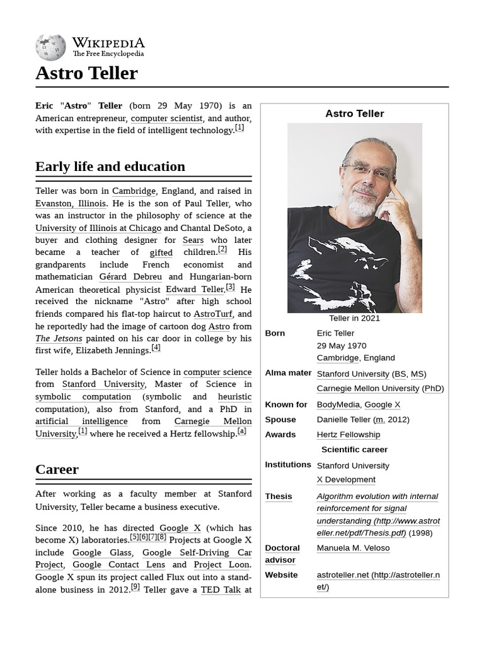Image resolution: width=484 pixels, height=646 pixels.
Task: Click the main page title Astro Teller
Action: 86,73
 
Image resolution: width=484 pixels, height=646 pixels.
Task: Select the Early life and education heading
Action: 110,167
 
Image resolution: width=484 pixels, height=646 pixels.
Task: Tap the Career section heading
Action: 57,469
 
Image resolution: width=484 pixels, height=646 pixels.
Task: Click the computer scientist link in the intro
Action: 166,118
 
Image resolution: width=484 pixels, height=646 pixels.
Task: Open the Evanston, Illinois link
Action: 71,203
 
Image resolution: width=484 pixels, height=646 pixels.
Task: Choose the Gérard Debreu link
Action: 130,277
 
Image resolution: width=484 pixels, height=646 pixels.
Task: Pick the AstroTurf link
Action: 213,314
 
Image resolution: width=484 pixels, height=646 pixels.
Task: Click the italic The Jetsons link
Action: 59,339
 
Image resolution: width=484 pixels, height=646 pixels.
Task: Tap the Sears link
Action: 193,240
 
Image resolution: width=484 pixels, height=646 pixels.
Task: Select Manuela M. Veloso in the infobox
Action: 353,548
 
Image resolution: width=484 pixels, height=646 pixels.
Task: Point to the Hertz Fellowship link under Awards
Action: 348,435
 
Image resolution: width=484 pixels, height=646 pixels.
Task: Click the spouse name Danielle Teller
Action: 343,420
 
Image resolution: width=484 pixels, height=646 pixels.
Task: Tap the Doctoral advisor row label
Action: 282,554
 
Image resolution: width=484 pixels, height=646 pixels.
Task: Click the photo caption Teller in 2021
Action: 354,319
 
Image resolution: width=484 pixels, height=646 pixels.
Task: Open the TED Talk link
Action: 221,590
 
